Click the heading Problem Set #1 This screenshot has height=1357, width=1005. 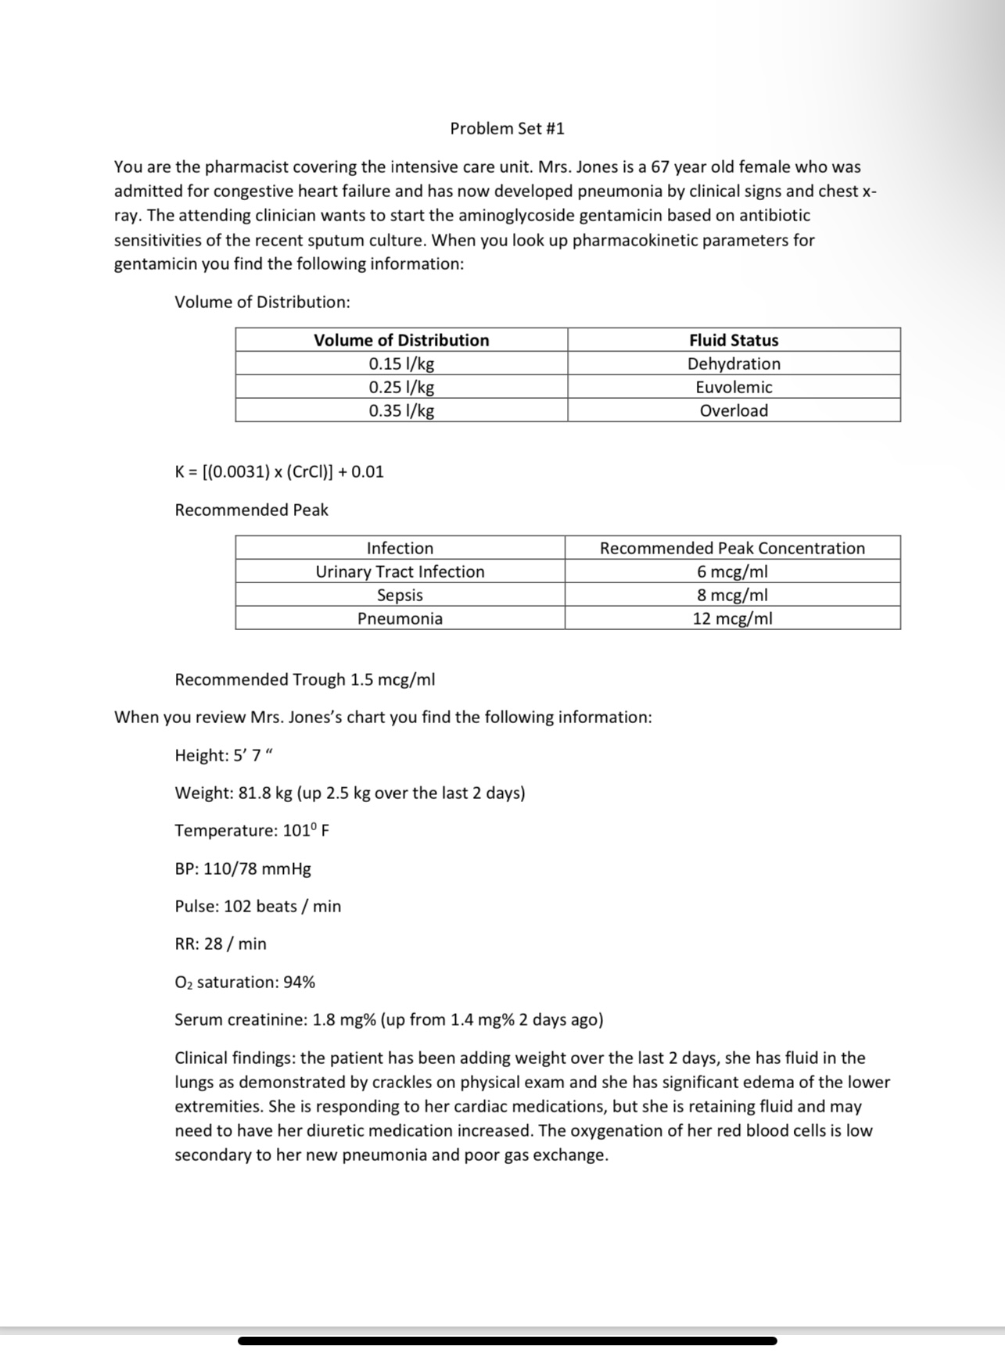[x=507, y=128]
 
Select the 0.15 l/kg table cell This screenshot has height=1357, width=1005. [x=401, y=363]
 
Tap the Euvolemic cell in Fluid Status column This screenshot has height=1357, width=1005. [x=734, y=387]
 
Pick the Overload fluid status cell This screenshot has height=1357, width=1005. [x=734, y=410]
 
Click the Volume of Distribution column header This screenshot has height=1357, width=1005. [x=401, y=340]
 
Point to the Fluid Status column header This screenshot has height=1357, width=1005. [x=734, y=340]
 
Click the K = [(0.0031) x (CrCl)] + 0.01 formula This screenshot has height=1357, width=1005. [x=279, y=471]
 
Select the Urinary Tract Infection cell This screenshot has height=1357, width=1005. [x=400, y=571]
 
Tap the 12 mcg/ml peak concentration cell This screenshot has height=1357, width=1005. [x=732, y=618]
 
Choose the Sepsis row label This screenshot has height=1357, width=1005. [x=400, y=595]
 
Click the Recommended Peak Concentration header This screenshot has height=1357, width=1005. [x=732, y=548]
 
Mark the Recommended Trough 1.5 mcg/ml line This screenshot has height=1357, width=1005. [x=304, y=679]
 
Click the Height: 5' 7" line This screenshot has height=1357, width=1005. [x=224, y=755]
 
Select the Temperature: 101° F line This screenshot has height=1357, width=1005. [x=251, y=830]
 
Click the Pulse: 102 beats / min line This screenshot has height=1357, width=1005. [x=257, y=906]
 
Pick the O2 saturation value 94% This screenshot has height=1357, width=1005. [x=299, y=982]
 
